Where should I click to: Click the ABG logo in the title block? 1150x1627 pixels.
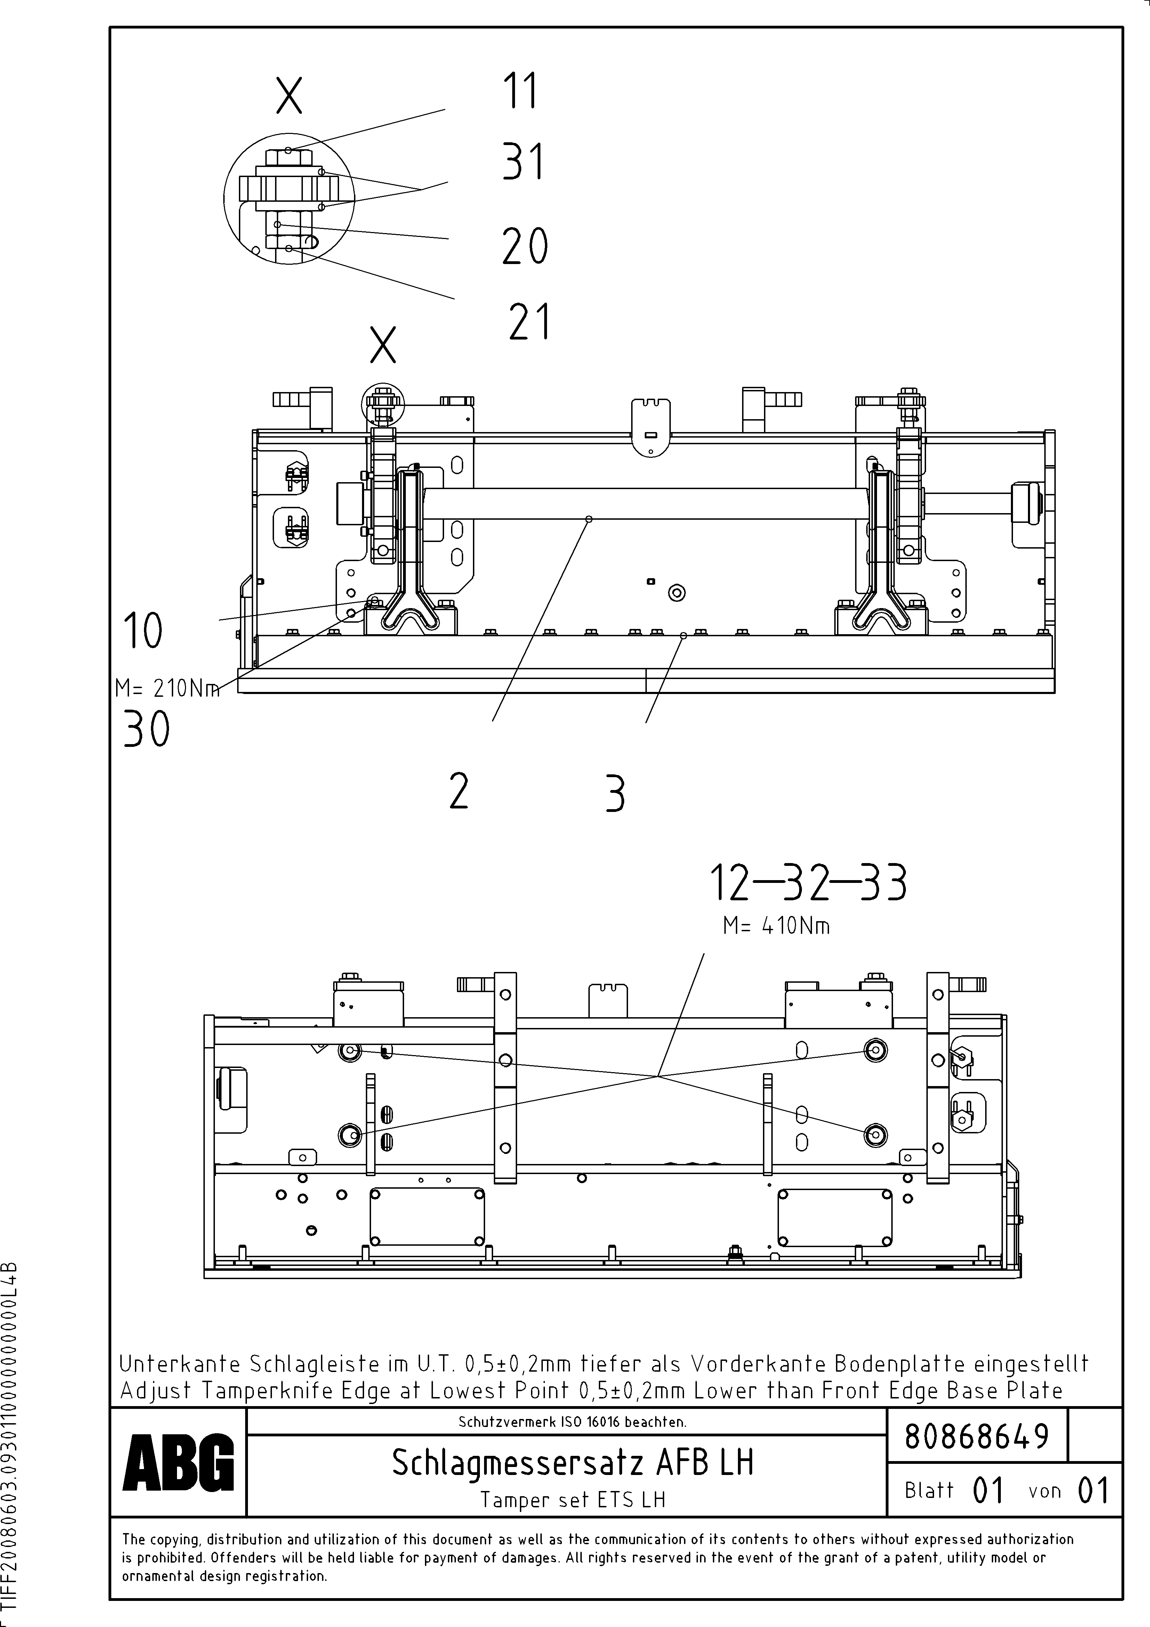178,1462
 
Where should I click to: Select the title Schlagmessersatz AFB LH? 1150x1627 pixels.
572,1462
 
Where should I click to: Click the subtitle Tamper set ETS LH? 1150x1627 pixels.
572,1499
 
